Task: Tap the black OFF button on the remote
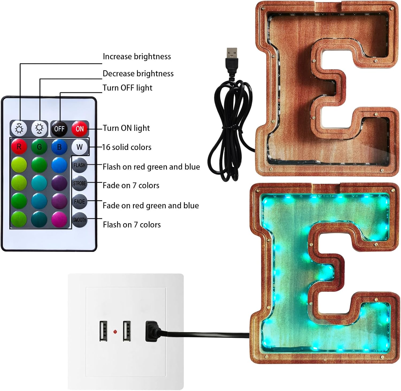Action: [59, 129]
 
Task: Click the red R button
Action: [19, 147]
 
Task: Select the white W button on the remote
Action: [80, 147]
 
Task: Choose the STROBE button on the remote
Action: [80, 183]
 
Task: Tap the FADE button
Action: [80, 202]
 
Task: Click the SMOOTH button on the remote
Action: [80, 220]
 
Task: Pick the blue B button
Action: [59, 147]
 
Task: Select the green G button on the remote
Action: [39, 147]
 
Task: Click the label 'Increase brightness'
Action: [137, 57]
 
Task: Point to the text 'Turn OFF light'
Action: [128, 88]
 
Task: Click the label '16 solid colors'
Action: [127, 147]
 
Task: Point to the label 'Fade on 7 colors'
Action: [131, 185]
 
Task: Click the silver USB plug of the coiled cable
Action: [232, 54]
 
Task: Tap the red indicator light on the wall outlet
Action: [115, 332]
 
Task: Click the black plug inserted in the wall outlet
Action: [152, 331]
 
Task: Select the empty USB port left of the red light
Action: [104, 331]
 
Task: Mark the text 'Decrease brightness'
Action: [138, 74]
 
